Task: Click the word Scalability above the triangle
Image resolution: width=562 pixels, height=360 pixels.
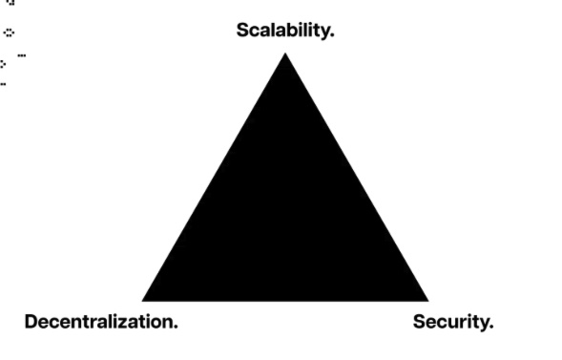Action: click(284, 30)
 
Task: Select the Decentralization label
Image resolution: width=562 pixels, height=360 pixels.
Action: click(100, 321)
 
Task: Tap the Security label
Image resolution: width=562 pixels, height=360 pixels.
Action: click(452, 321)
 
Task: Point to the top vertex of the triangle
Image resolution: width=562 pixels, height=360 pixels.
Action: click(285, 54)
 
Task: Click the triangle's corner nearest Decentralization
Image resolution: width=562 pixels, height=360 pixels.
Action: click(143, 300)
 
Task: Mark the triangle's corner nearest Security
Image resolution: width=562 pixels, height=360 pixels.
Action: click(427, 300)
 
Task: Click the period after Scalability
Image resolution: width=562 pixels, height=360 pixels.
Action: click(332, 34)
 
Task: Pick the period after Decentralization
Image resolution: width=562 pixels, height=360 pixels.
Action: click(175, 326)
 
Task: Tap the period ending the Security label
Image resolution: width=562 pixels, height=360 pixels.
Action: click(491, 326)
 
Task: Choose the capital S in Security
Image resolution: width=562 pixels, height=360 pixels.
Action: click(419, 321)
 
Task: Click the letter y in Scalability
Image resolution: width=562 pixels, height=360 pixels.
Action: click(324, 32)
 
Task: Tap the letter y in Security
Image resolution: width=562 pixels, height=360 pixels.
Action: click(484, 324)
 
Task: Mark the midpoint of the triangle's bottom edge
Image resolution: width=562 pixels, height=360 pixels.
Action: click(285, 299)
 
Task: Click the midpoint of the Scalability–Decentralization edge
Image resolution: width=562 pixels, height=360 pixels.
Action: click(215, 178)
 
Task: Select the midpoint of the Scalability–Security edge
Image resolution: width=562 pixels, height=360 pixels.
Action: click(356, 178)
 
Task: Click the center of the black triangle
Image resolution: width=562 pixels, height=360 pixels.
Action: click(285, 218)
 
